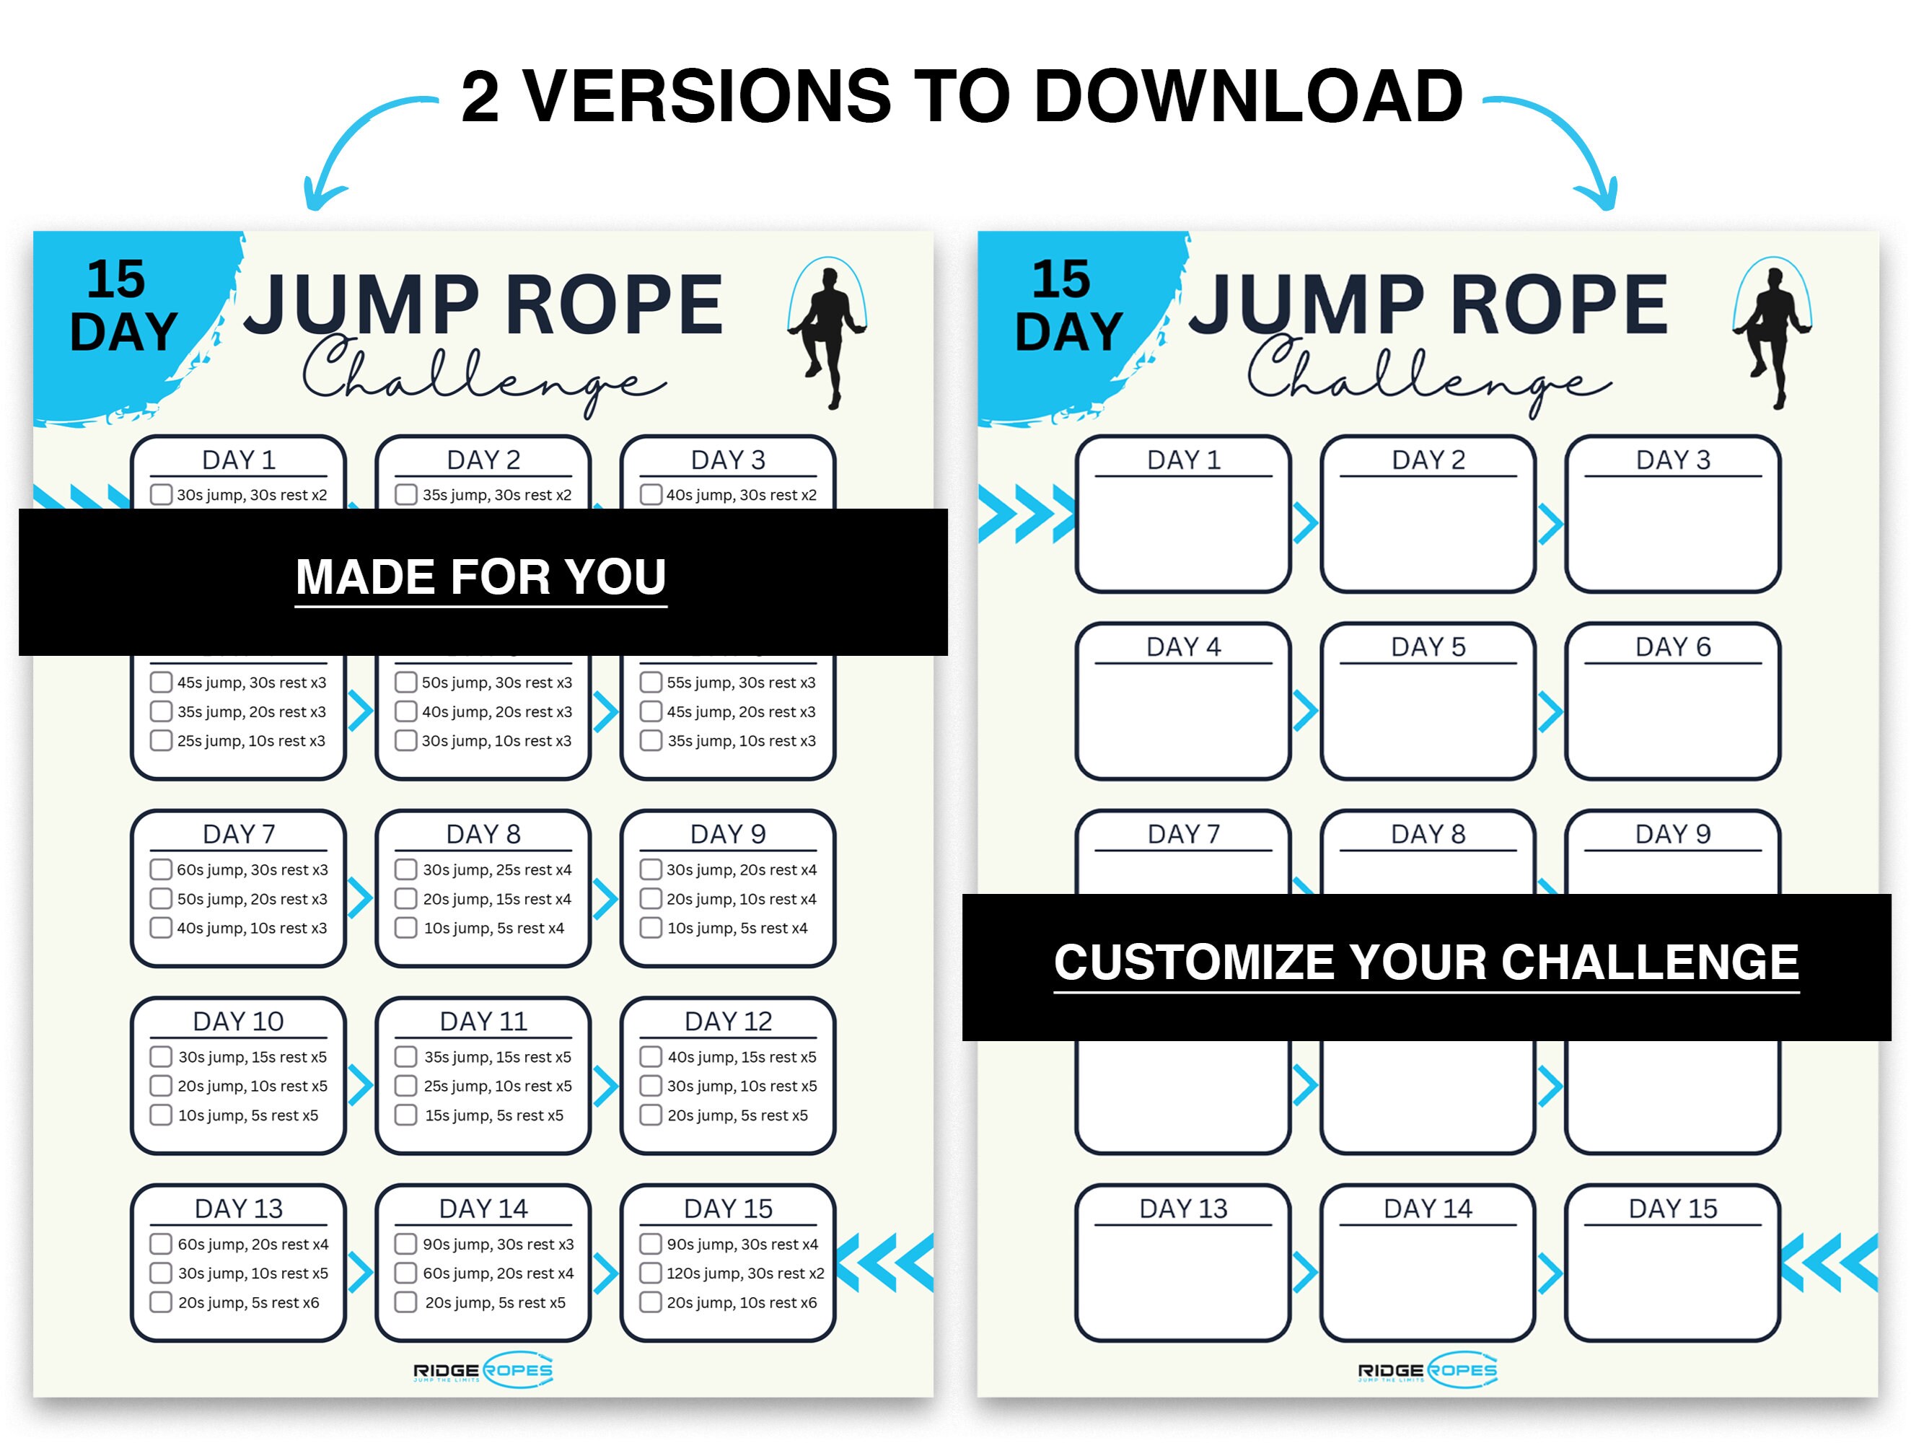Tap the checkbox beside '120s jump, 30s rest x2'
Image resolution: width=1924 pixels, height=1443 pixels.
click(x=651, y=1273)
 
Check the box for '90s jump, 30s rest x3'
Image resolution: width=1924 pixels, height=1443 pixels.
click(x=405, y=1244)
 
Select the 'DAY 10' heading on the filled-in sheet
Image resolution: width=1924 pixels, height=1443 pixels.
click(x=238, y=1021)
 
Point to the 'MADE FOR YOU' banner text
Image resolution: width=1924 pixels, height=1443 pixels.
click(x=481, y=577)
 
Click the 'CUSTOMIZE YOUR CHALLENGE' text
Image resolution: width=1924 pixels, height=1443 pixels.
click(x=1426, y=962)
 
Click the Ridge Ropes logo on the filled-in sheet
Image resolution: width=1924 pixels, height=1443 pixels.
click(x=483, y=1371)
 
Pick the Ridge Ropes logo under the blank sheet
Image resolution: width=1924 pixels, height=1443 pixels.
click(x=1428, y=1371)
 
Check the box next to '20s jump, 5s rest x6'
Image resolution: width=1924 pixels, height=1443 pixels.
click(x=161, y=1302)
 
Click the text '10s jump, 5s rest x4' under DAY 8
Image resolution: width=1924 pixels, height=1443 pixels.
click(x=493, y=928)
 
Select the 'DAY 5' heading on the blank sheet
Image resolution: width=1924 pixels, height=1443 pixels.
click(x=1428, y=647)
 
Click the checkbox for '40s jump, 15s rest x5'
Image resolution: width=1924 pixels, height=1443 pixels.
click(x=651, y=1057)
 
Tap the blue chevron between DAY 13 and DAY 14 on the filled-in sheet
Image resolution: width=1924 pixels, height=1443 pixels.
click(x=360, y=1273)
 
